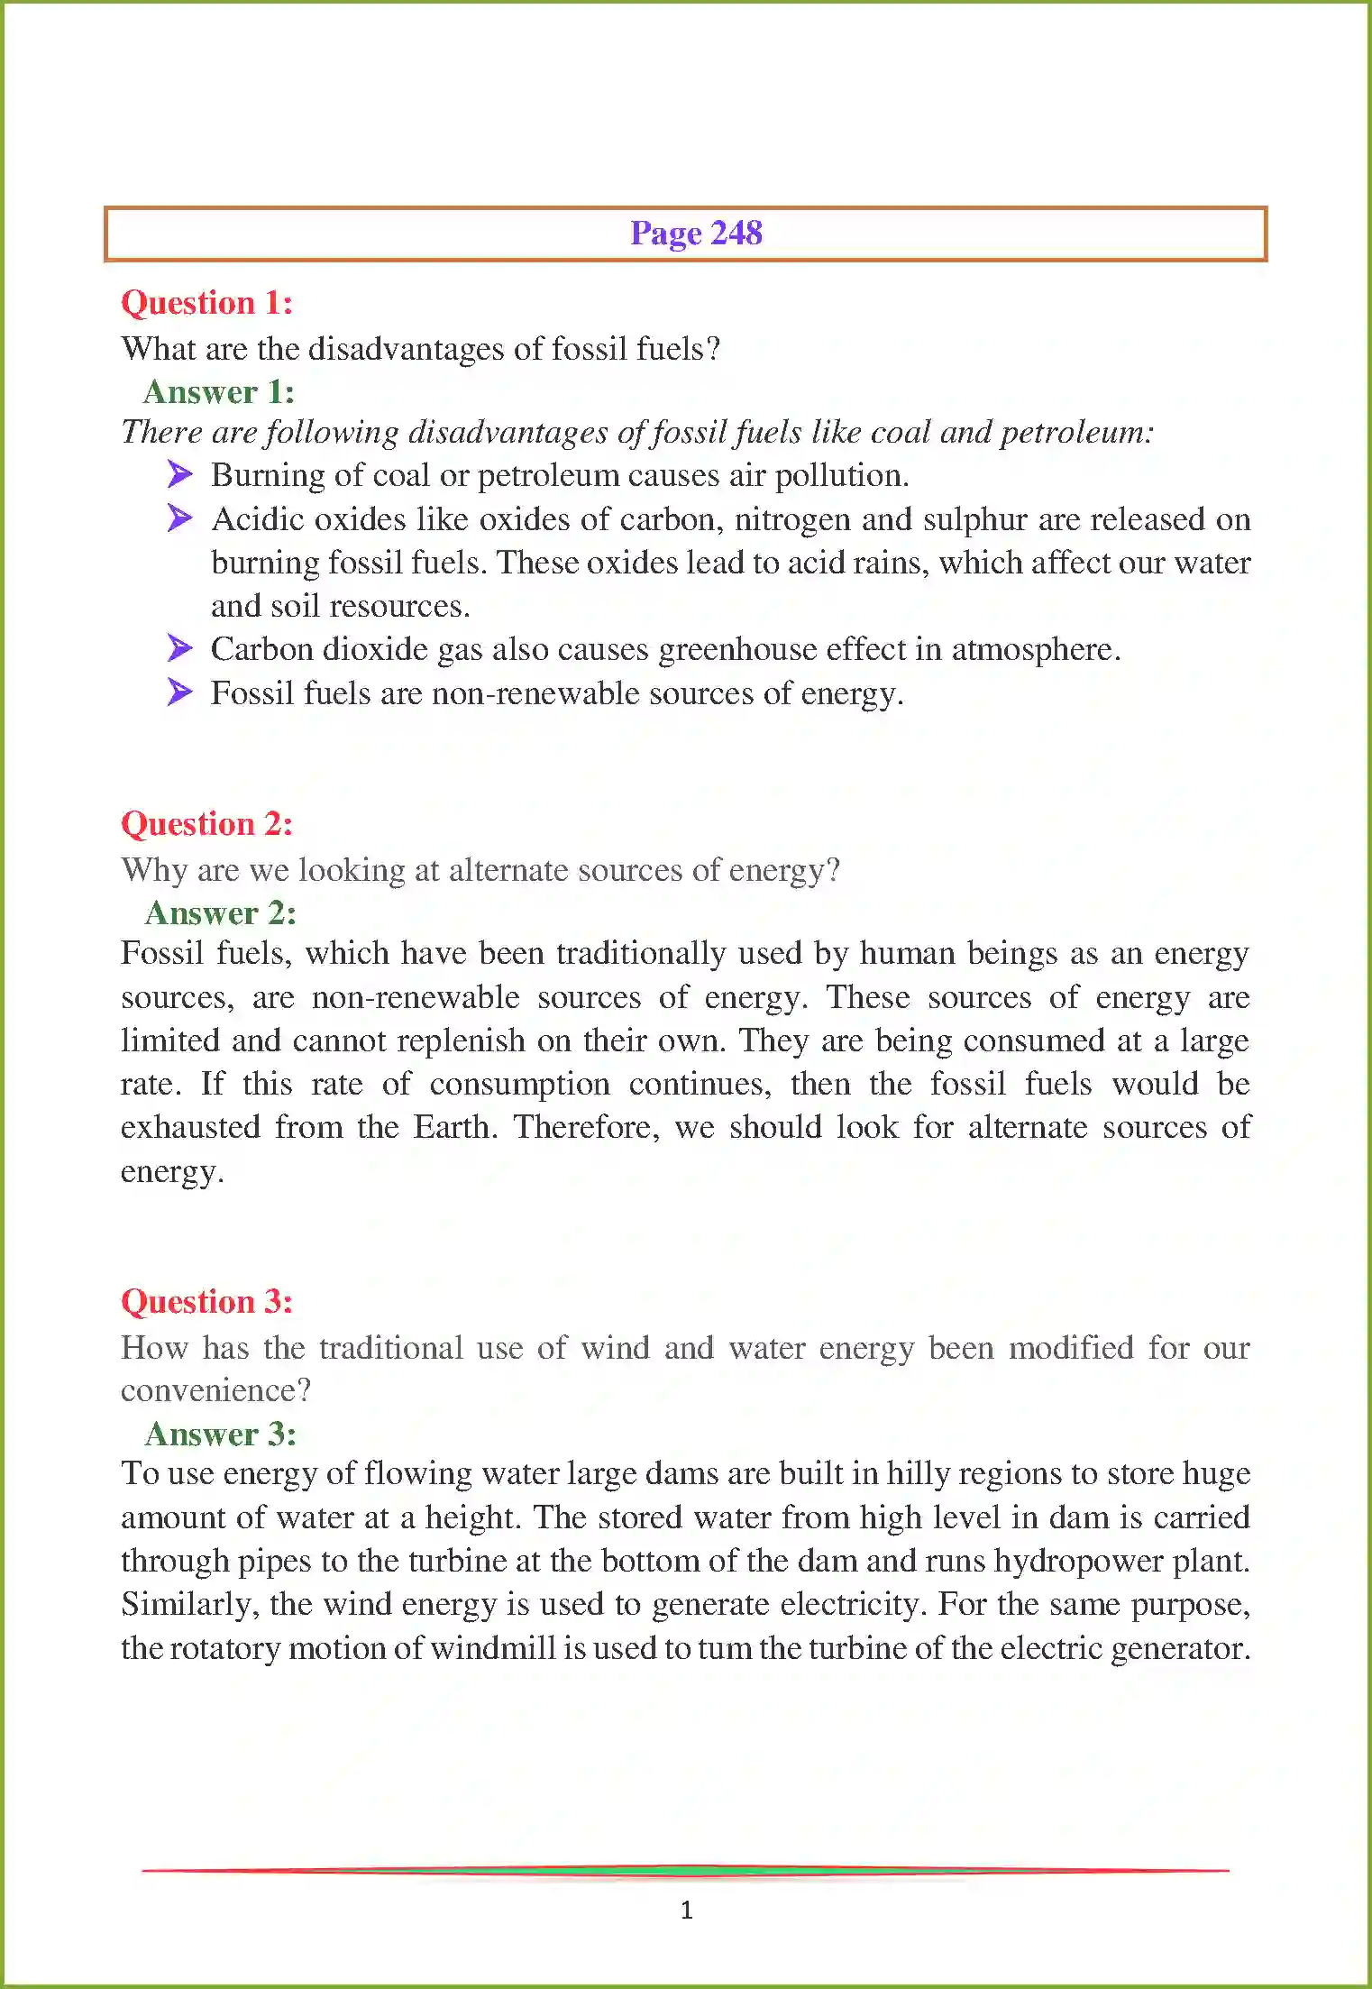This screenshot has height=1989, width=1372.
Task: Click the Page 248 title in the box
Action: click(x=695, y=234)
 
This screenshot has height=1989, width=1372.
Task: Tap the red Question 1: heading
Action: click(x=206, y=303)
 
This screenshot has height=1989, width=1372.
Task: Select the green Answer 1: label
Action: click(x=218, y=392)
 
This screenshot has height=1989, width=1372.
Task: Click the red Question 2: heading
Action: click(x=206, y=824)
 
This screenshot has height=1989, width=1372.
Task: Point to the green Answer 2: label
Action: click(x=220, y=913)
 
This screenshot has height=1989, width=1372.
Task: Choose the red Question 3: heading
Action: click(x=206, y=1302)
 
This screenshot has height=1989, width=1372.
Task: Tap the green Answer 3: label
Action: click(x=220, y=1434)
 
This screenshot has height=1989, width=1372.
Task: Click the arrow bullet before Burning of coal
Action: click(x=180, y=474)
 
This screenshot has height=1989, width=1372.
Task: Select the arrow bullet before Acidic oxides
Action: click(x=180, y=518)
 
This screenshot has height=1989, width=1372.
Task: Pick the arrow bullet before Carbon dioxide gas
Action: click(x=180, y=648)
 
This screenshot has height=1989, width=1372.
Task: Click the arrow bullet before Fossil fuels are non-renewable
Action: click(x=180, y=692)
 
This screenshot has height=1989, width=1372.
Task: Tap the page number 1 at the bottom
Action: click(x=686, y=1909)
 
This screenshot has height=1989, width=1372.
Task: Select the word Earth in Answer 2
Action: click(x=454, y=1128)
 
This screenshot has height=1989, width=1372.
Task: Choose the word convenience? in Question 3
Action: click(x=215, y=1390)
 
